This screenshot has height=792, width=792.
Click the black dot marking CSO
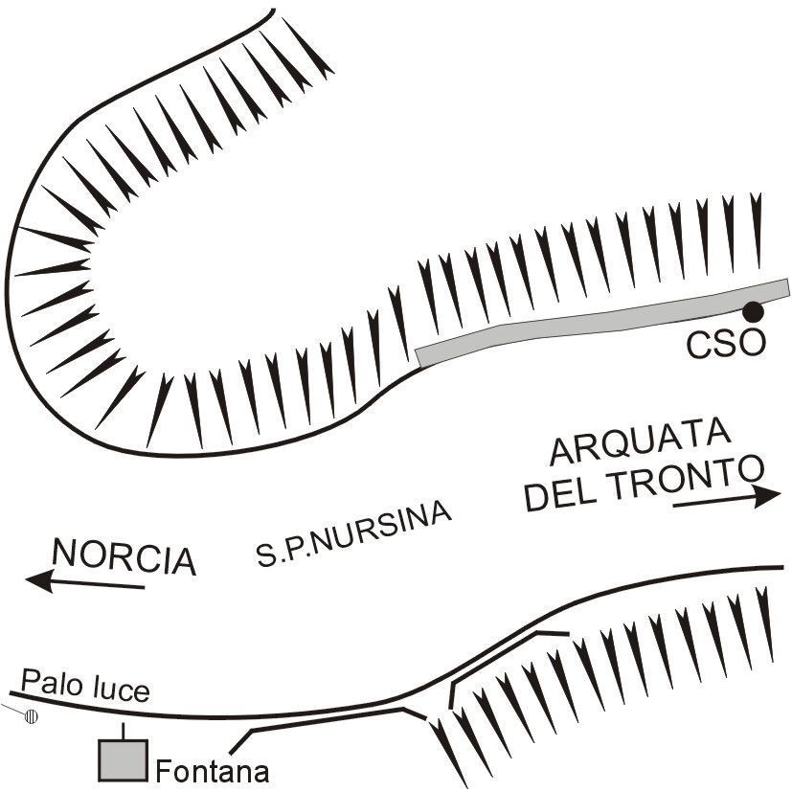754,310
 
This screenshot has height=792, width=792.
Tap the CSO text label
726,343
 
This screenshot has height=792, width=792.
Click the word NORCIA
124,556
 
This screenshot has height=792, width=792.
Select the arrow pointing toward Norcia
86,580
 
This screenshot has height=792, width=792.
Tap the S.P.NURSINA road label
354,533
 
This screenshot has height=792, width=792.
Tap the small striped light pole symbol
32,714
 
